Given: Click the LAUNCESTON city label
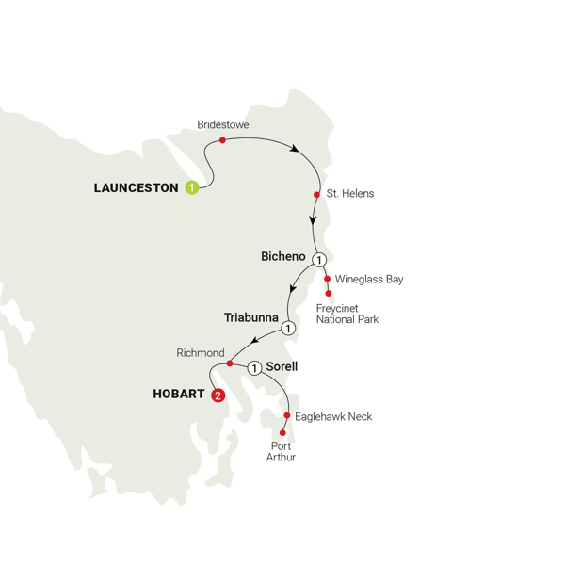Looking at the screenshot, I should (136, 187).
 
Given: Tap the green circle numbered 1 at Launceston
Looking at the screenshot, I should (192, 187).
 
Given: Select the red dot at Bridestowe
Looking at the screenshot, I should (222, 141).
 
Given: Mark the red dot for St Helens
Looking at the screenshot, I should (316, 195).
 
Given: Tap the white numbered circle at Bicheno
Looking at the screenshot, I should (319, 260).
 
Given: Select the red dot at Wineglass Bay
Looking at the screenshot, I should (328, 279).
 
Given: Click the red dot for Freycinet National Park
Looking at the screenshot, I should (327, 294).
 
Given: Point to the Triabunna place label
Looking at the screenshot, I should (250, 316).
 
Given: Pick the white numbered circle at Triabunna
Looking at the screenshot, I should (289, 328).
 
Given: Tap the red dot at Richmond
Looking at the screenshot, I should (230, 363).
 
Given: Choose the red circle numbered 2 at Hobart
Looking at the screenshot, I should (219, 395).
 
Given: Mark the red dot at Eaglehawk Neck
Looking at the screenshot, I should (287, 415).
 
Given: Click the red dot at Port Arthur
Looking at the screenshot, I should (282, 434).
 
